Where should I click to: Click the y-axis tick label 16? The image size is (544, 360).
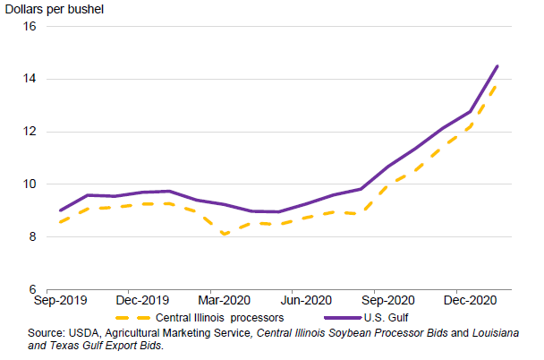(x=29, y=26)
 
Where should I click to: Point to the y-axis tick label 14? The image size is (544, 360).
(x=29, y=79)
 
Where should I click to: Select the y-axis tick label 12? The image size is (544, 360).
(x=29, y=132)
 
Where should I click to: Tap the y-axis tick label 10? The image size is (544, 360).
(x=29, y=184)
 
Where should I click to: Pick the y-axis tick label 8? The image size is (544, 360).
(x=31, y=237)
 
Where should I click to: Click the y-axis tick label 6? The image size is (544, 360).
(x=31, y=290)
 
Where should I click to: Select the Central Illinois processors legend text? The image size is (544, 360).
(x=220, y=318)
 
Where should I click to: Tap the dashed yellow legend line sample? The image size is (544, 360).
(x=135, y=318)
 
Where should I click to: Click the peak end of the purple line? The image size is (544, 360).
(x=497, y=65)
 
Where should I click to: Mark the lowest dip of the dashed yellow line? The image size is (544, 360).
(x=224, y=235)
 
